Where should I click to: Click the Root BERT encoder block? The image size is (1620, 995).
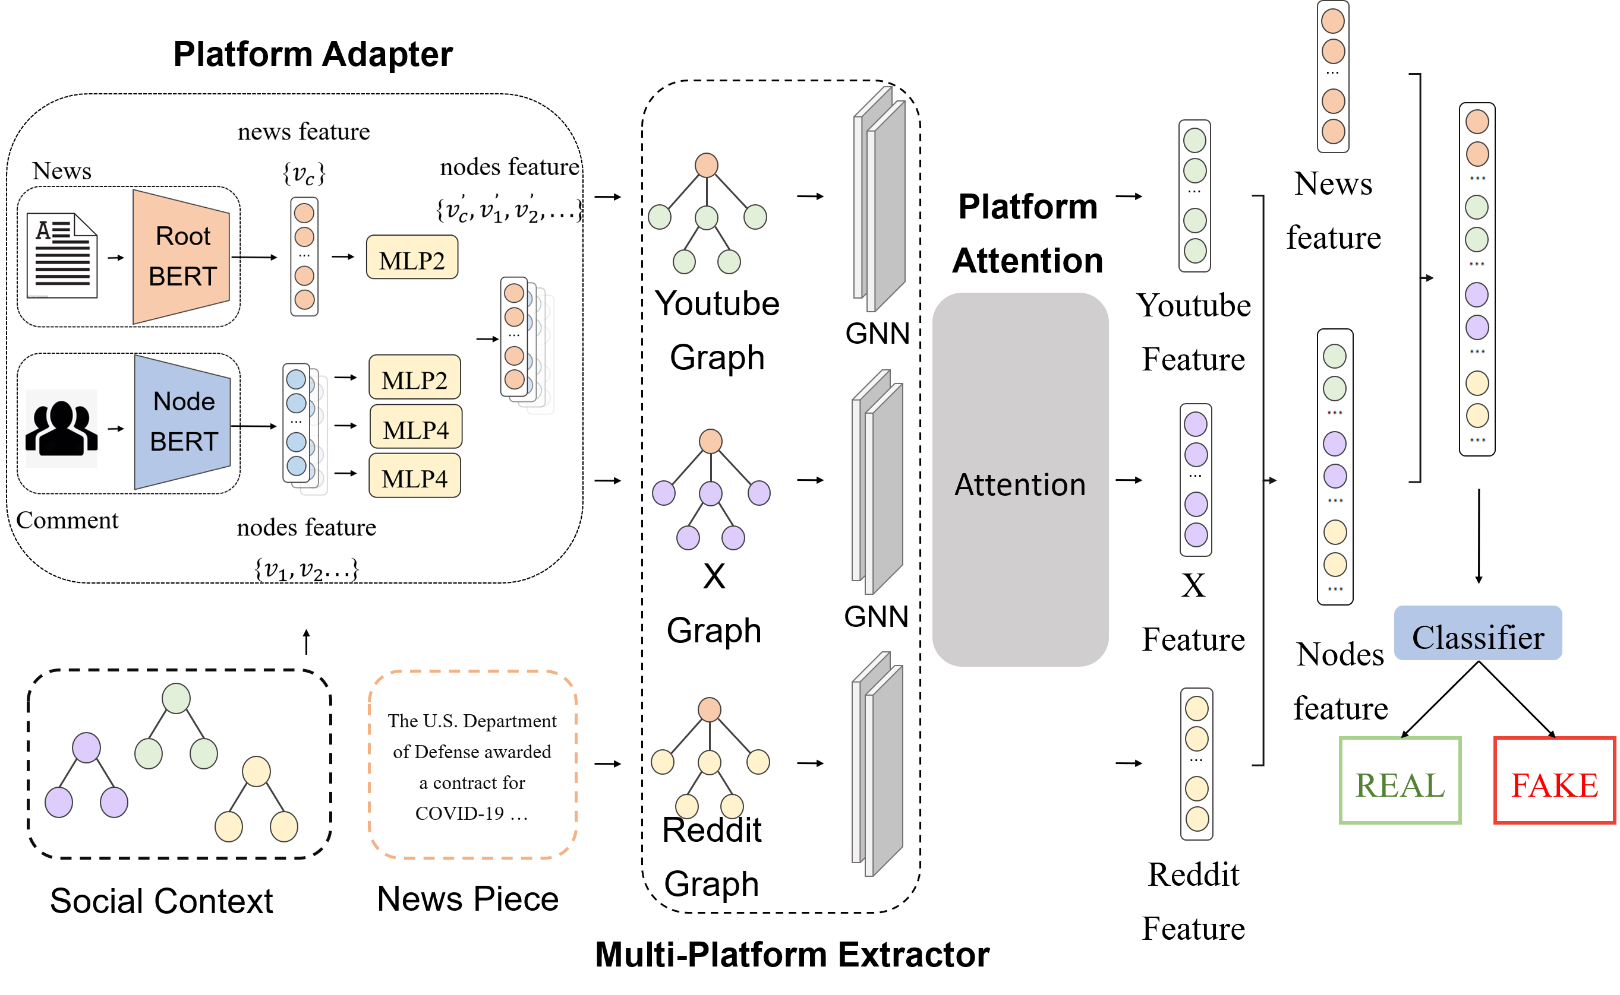(x=182, y=256)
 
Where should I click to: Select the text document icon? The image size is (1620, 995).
(x=62, y=255)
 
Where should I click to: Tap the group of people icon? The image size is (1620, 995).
(x=62, y=428)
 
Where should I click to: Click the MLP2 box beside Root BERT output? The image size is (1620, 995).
(x=412, y=257)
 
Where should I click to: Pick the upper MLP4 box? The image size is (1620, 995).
(x=415, y=427)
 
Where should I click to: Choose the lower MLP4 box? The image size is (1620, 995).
(x=414, y=476)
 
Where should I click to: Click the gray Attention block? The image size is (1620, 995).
(x=1019, y=480)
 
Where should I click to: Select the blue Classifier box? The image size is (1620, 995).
(x=1477, y=633)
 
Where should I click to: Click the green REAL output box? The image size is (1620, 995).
(x=1400, y=780)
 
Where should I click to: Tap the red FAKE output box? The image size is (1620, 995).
(x=1553, y=781)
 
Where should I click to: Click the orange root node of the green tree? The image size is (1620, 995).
(x=706, y=165)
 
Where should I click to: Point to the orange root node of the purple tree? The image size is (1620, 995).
(x=710, y=441)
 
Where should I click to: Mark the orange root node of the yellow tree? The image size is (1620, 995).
(x=708, y=709)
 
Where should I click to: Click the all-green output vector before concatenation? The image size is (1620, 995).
(x=1194, y=195)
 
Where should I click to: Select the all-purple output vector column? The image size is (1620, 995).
(x=1195, y=480)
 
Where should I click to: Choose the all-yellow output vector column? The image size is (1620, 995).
(x=1196, y=764)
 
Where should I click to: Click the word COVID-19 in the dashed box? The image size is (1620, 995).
(x=459, y=813)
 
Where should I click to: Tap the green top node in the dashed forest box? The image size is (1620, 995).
(x=176, y=698)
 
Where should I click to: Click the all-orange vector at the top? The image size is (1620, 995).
(x=1332, y=77)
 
